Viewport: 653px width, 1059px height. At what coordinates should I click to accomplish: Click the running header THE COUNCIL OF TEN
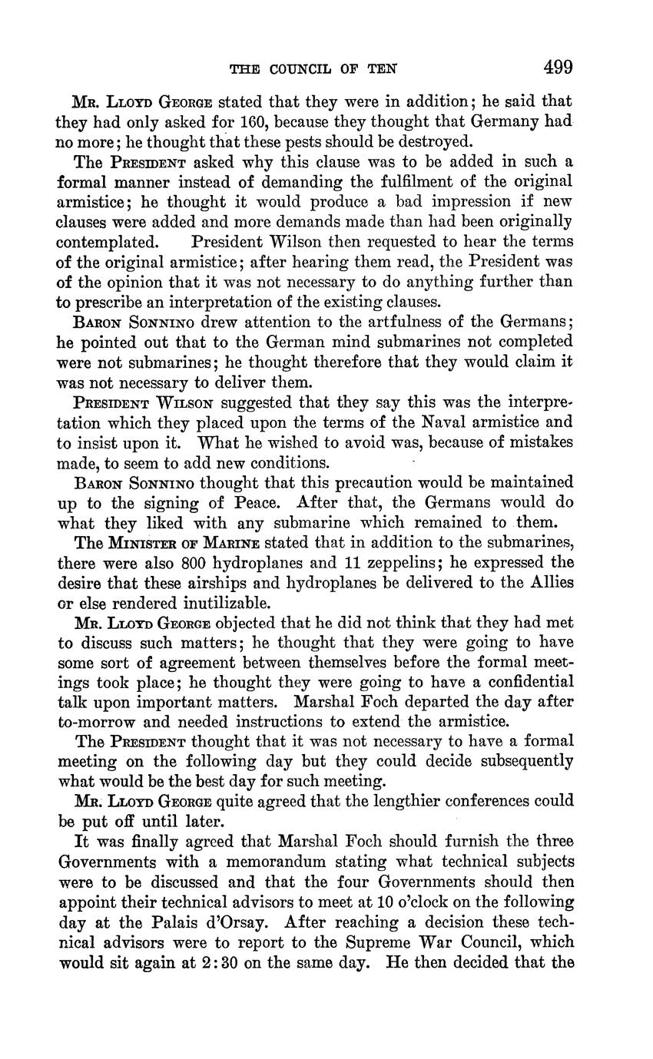pyautogui.click(x=313, y=70)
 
